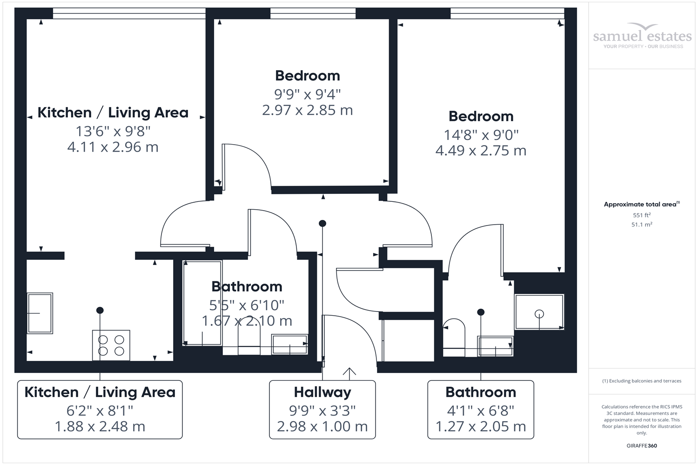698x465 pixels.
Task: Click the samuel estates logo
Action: tap(642, 36)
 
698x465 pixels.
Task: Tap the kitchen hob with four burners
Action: tap(111, 345)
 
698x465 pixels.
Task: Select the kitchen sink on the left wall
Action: tap(40, 313)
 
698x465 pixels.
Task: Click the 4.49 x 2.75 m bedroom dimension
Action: tap(481, 151)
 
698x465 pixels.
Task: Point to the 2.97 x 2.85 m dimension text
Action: tap(307, 110)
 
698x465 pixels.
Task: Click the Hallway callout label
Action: tap(322, 392)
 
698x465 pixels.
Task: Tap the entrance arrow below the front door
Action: tap(349, 372)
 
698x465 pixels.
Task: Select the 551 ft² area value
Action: tap(642, 215)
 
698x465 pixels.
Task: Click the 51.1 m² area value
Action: tap(642, 225)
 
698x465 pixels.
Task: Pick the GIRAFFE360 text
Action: tap(642, 445)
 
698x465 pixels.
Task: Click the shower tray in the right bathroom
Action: tap(539, 312)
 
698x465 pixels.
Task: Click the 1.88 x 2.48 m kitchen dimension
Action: tap(100, 426)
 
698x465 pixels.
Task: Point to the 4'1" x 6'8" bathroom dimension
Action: tap(481, 411)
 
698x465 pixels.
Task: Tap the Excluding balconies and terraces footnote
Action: tap(642, 381)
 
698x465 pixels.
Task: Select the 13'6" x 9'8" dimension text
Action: tap(113, 131)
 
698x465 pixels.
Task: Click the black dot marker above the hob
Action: tap(100, 310)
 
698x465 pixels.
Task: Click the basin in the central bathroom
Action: tap(289, 344)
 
